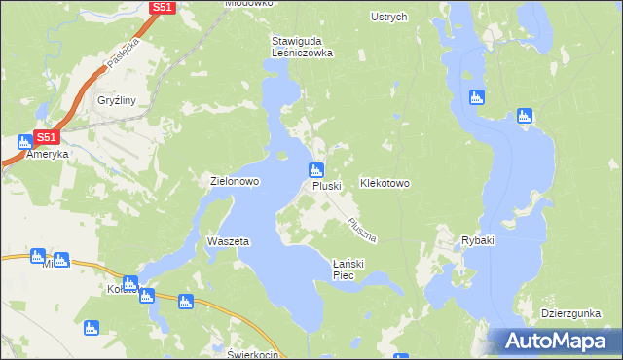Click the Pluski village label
327,186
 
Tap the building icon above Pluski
316,170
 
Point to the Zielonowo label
234,182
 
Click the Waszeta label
229,240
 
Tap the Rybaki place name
478,240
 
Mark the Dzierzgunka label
573,313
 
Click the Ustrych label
389,17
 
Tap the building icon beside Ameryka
23,142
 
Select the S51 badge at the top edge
162,7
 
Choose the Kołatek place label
124,289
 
